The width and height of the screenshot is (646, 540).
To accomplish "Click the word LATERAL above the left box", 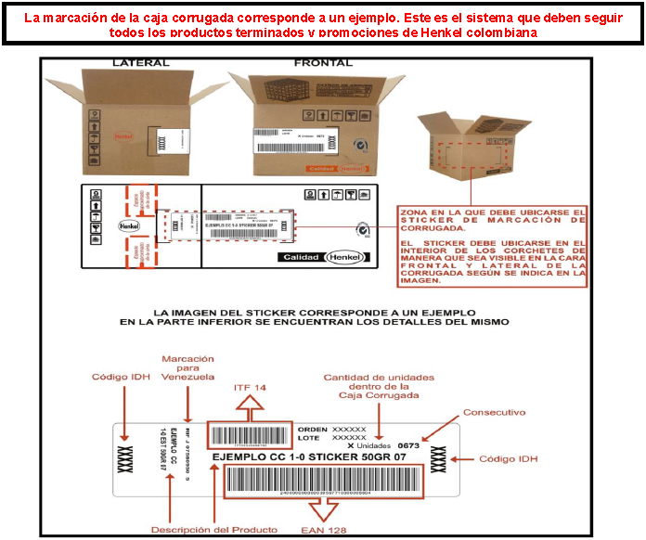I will pyautogui.click(x=140, y=63).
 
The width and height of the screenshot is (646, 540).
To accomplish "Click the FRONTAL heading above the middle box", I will pyautogui.click(x=323, y=63).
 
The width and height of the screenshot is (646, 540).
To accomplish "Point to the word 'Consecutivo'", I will pyautogui.click(x=494, y=411).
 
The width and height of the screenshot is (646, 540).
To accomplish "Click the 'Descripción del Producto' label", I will pyautogui.click(x=213, y=530).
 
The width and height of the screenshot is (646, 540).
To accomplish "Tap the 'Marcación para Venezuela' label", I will pyautogui.click(x=188, y=367).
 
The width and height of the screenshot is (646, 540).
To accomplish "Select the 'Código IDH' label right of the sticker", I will pyautogui.click(x=509, y=459).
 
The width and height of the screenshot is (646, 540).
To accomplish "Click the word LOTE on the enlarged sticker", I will pyautogui.click(x=309, y=438).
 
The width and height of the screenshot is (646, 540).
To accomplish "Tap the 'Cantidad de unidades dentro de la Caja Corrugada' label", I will pyautogui.click(x=378, y=389).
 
